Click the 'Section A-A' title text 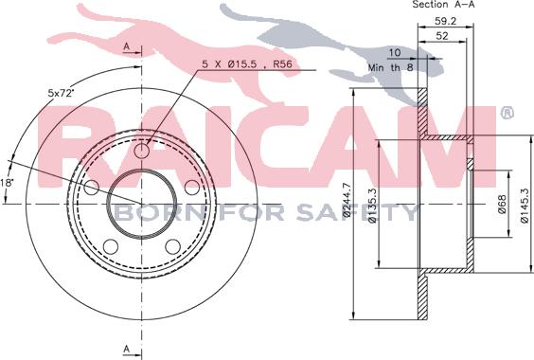pyautogui.click(x=443, y=5)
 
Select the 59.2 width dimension pyautogui.click(x=445, y=21)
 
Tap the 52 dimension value pyautogui.click(x=442, y=36)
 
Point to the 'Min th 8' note pyautogui.click(x=390, y=67)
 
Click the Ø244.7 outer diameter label pyautogui.click(x=347, y=200)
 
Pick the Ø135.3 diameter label pyautogui.click(x=373, y=206)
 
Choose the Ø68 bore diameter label pyautogui.click(x=503, y=204)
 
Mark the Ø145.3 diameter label pyautogui.click(x=525, y=206)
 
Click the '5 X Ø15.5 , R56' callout pyautogui.click(x=247, y=64)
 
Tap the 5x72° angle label pyautogui.click(x=61, y=93)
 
